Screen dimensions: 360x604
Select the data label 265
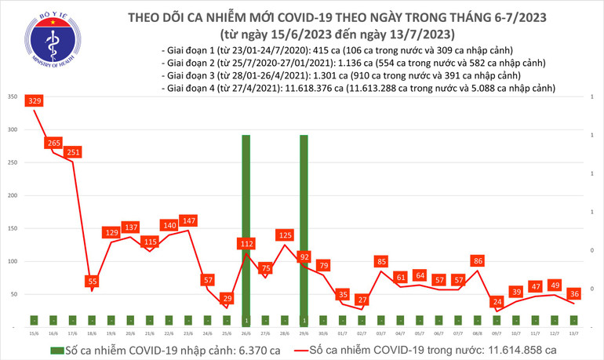54,143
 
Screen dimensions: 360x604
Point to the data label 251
73,152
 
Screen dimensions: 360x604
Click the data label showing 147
188,221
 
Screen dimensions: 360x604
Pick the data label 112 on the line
246,244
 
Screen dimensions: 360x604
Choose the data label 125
286,235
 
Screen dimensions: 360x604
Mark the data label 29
227,299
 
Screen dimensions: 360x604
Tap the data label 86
478,260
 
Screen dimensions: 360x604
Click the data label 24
497,301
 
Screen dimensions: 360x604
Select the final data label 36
574,293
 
